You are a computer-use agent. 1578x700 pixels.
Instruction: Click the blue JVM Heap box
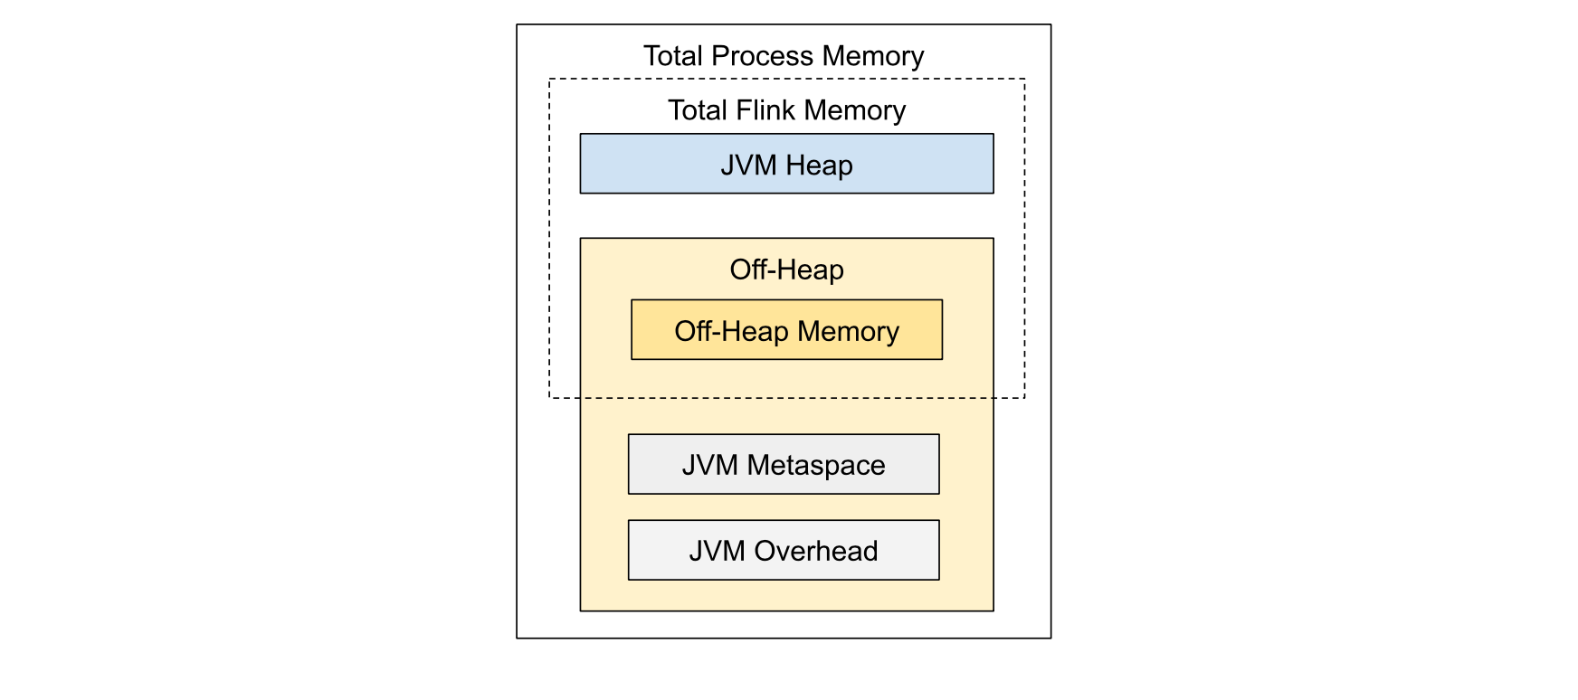point(786,164)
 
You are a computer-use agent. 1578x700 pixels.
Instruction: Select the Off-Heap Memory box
point(786,330)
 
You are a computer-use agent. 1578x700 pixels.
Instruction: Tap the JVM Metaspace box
point(784,464)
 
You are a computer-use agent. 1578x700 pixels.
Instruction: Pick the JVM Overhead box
point(784,550)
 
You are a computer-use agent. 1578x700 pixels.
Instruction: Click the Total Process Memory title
point(784,56)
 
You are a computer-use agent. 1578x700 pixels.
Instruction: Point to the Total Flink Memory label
point(786,110)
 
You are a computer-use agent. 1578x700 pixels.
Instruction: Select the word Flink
point(765,110)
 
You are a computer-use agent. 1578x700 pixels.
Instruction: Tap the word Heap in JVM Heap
point(819,166)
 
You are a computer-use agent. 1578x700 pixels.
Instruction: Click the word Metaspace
point(816,465)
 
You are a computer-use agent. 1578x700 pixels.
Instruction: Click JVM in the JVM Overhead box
point(717,551)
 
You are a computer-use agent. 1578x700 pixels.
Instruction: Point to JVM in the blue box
point(748,166)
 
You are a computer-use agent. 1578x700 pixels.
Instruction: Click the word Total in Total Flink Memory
point(698,110)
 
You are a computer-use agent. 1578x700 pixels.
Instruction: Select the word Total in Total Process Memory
point(673,56)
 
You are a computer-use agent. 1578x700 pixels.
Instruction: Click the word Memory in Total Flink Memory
point(854,110)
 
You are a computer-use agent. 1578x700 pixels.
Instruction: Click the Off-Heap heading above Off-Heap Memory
point(786,270)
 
